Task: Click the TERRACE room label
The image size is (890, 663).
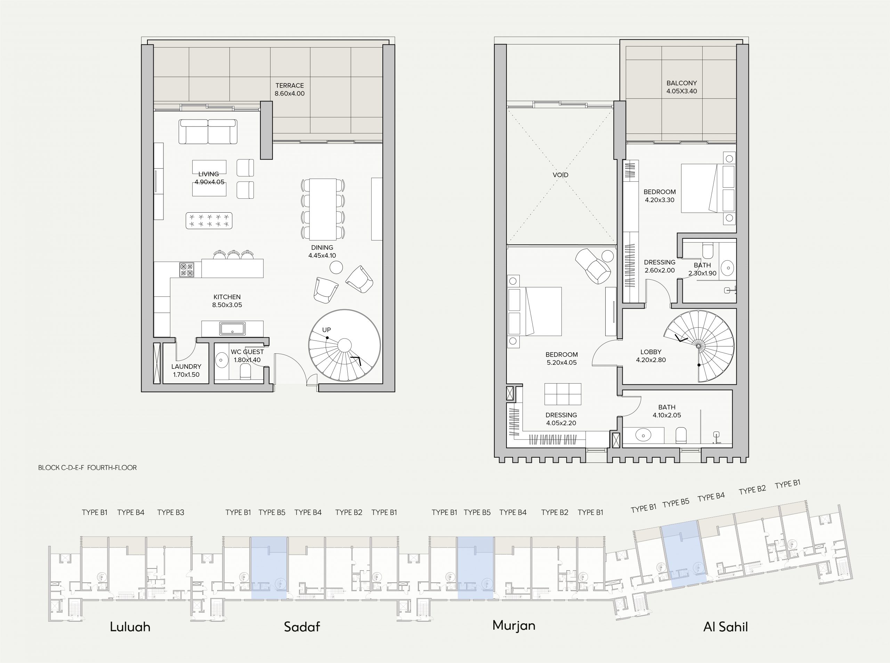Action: (290, 85)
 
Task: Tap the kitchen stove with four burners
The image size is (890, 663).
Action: (187, 270)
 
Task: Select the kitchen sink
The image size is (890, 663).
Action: (233, 329)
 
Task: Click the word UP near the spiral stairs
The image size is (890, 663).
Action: (326, 330)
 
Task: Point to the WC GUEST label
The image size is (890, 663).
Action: (247, 352)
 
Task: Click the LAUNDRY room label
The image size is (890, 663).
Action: (186, 366)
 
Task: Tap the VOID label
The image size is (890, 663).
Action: (560, 175)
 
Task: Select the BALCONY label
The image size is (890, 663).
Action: (682, 83)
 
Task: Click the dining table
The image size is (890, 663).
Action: (323, 209)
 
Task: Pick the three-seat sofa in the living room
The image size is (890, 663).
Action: (208, 132)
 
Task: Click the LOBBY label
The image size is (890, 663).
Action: (651, 352)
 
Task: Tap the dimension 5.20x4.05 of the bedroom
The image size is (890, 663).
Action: (561, 363)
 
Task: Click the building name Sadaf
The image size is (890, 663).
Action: (302, 627)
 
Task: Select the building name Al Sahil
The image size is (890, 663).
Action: (726, 627)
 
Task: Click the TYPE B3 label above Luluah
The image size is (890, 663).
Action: (171, 512)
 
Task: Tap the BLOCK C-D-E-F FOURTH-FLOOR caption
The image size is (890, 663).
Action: (88, 468)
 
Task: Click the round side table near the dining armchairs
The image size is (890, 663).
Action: (335, 267)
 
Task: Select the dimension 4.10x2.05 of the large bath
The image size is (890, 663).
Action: (667, 415)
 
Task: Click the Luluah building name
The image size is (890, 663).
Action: (130, 627)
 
